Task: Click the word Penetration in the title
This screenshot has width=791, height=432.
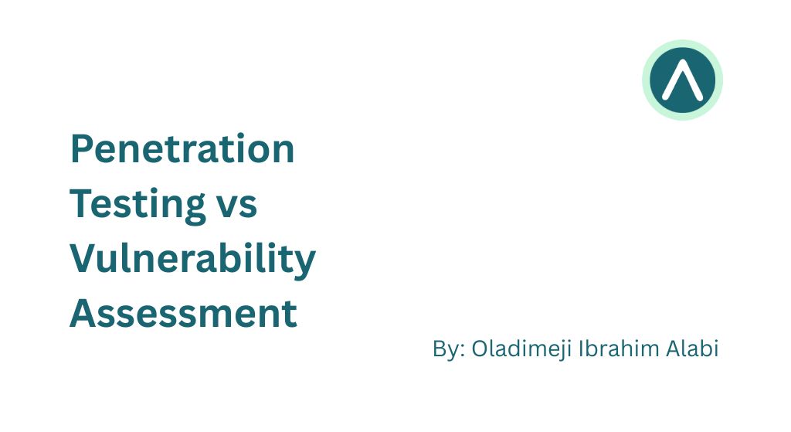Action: [x=182, y=148]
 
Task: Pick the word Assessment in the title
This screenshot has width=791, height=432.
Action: [x=183, y=314]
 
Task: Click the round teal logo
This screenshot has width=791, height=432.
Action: [x=683, y=80]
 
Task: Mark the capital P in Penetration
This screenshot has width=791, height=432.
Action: [x=82, y=149]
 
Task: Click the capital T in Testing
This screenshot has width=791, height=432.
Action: [x=83, y=203]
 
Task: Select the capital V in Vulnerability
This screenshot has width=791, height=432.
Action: [x=85, y=258]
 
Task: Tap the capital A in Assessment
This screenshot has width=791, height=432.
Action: [x=85, y=313]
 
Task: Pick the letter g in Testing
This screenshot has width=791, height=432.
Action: [x=194, y=210]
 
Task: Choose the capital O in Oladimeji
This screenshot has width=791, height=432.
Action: [x=480, y=349]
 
